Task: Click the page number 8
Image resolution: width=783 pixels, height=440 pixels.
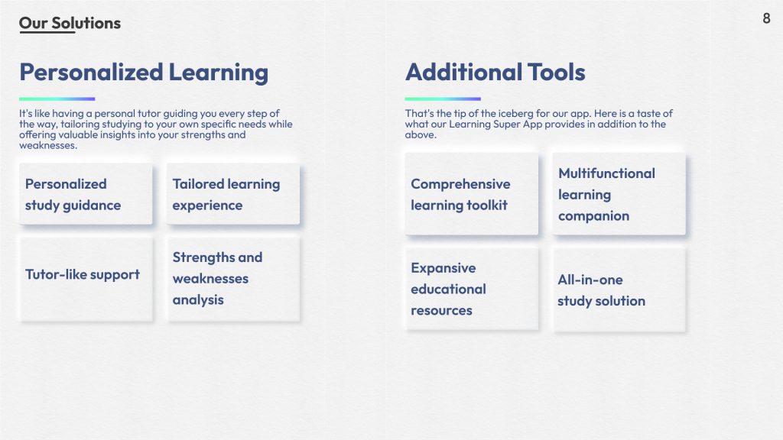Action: [766, 18]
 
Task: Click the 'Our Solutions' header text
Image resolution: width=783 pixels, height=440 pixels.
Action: [70, 23]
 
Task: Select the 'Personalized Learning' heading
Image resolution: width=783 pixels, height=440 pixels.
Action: [144, 73]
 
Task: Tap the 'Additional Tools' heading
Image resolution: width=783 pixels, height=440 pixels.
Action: [495, 73]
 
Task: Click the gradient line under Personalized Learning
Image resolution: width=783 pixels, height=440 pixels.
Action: [57, 99]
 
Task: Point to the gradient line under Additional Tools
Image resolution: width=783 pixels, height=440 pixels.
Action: [443, 99]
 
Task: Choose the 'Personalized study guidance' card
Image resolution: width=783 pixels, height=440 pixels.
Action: [86, 194]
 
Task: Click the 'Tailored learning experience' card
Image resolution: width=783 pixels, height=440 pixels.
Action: [233, 194]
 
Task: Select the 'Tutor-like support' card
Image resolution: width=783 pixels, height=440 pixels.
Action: [86, 279]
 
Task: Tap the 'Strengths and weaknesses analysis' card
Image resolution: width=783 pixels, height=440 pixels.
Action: [233, 279]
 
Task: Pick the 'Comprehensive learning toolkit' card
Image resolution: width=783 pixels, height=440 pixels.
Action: [471, 194]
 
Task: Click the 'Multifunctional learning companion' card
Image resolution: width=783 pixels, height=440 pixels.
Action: [619, 194]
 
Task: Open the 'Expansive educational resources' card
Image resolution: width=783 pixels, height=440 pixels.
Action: [471, 289]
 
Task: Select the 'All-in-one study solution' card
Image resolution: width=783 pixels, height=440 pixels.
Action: [619, 289]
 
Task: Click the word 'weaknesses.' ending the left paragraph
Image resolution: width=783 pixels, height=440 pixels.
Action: [48, 146]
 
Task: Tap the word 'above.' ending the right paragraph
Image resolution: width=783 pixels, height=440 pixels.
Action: [421, 134]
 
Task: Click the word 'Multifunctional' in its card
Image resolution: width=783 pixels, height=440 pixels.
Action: [606, 173]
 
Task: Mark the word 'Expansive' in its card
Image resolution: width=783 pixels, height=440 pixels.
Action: [443, 268]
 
